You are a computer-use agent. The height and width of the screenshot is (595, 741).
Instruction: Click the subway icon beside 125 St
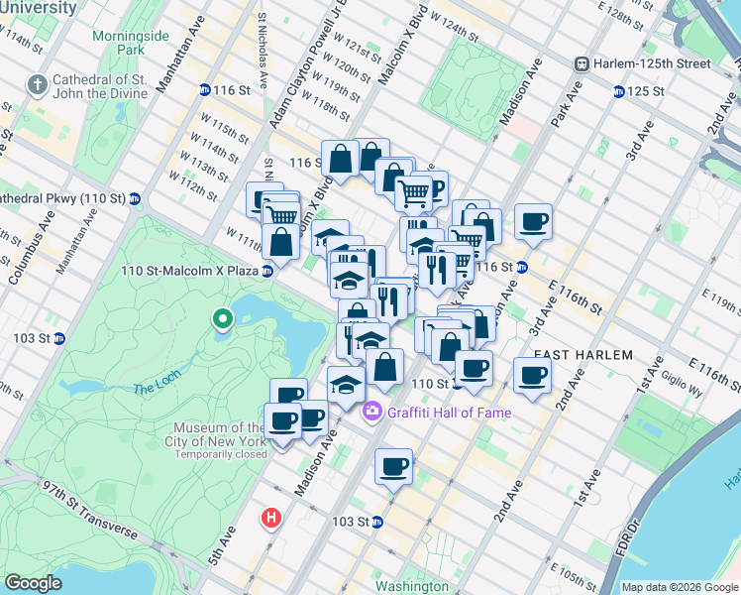(619, 91)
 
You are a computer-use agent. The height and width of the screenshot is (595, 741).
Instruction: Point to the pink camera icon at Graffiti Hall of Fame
(371, 411)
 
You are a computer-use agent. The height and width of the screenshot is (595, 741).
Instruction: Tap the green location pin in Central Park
(223, 319)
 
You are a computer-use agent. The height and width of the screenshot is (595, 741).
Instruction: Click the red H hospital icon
(269, 518)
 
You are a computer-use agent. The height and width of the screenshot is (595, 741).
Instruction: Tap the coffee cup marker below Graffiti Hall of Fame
(393, 466)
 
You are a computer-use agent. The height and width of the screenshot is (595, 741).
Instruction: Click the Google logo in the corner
(33, 583)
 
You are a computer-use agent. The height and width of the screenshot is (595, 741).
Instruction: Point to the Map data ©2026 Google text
(680, 587)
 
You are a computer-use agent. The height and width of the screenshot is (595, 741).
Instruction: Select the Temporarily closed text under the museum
(221, 454)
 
